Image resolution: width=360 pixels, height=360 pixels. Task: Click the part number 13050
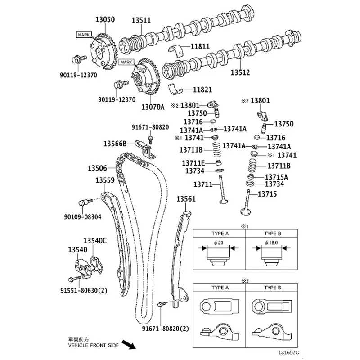[104, 20]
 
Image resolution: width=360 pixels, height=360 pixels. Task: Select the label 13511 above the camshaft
[141, 20]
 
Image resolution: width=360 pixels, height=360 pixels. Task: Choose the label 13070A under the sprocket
[154, 107]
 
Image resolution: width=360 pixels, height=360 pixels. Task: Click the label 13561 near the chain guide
[185, 198]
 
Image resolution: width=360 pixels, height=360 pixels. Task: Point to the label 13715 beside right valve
[267, 194]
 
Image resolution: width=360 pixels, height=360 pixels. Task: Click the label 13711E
[193, 162]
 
